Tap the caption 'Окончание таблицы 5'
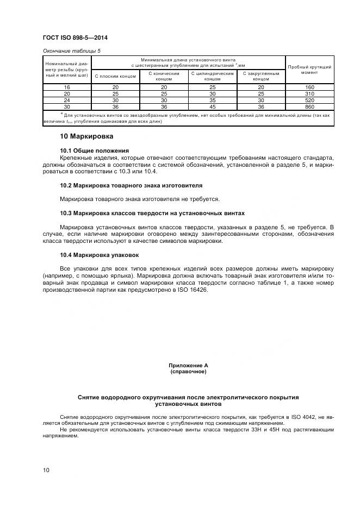tap(71, 51)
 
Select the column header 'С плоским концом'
tap(115, 76)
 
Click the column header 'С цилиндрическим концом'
tap(212, 76)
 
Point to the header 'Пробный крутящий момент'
tap(309, 69)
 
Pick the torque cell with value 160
tap(309, 87)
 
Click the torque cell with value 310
tap(309, 94)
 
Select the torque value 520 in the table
tap(309, 101)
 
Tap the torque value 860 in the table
tap(309, 107)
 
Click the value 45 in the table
tap(212, 107)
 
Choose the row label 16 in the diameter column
tap(67, 87)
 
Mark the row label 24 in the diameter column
tap(67, 101)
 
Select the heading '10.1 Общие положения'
tap(94, 150)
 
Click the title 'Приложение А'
tap(188, 366)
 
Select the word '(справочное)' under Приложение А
tap(188, 372)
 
